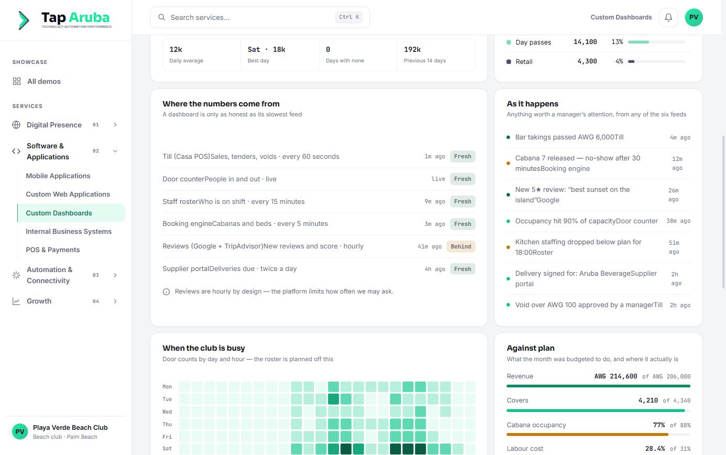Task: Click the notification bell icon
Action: coord(668,17)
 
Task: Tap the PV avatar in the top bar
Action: coord(694,17)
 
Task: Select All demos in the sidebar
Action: coord(44,81)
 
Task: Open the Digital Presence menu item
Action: coord(54,125)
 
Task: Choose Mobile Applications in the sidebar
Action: coord(58,176)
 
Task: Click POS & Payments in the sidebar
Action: coord(53,250)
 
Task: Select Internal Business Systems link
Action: coord(69,231)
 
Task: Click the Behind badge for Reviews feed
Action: coord(461,246)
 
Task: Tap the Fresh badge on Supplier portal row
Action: coord(462,269)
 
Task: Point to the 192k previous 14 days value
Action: coord(412,50)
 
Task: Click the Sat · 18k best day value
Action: coord(266,50)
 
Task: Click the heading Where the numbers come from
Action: coord(221,104)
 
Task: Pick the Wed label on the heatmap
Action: coord(167,411)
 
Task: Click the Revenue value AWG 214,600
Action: coord(616,376)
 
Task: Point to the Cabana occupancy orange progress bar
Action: coord(587,434)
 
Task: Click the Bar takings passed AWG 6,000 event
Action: coord(569,137)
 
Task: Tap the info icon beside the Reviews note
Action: coord(166,291)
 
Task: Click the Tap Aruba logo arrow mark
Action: coord(24,20)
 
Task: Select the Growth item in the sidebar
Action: coord(39,301)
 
